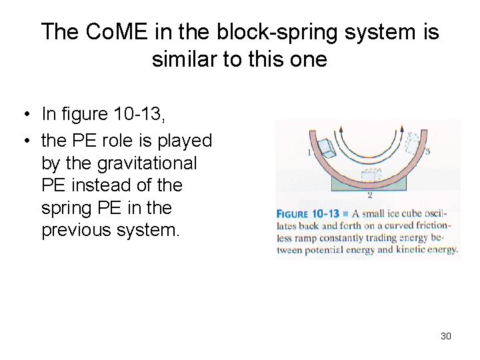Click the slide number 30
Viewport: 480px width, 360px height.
(x=446, y=336)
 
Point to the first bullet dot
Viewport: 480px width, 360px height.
(x=23, y=115)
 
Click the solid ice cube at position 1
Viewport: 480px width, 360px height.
(x=327, y=149)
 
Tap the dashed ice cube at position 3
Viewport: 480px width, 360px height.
(x=412, y=142)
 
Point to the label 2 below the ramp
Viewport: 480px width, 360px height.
(x=369, y=195)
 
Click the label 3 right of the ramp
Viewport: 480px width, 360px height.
(x=427, y=151)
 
